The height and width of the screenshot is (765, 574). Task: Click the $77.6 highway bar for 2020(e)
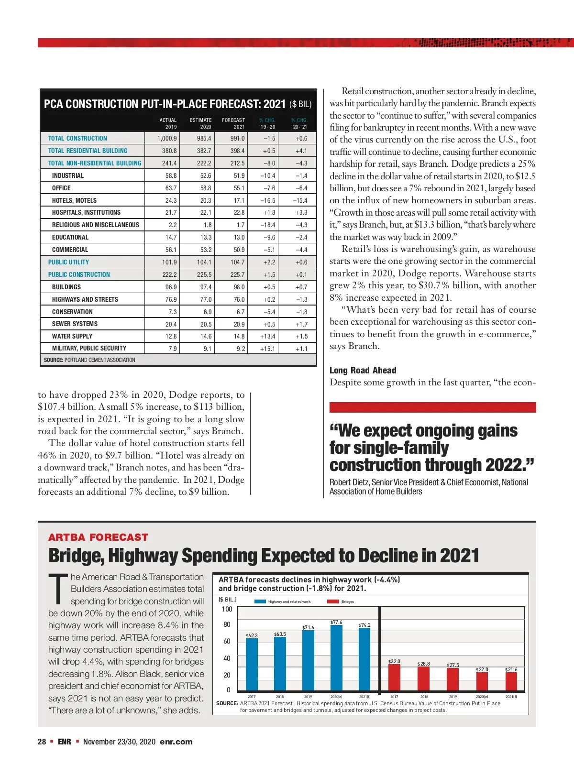point(336,658)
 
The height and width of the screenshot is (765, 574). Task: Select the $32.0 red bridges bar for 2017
point(394,678)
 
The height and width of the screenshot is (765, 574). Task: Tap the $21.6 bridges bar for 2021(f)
point(511,681)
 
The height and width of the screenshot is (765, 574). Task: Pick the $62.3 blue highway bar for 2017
point(252,665)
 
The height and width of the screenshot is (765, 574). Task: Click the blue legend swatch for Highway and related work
point(260,601)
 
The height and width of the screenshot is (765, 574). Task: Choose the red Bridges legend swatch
point(333,601)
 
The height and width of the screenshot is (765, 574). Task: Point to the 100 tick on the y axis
point(227,609)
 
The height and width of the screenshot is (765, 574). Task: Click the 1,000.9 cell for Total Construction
point(167,138)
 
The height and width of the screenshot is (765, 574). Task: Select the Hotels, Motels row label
point(74,200)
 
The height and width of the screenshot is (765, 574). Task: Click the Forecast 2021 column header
point(233,123)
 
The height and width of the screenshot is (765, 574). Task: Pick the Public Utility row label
point(68,262)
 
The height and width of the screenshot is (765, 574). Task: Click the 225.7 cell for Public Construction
point(237,274)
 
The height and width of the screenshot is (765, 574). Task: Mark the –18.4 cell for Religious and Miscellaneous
point(267,225)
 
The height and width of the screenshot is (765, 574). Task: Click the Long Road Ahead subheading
point(363,370)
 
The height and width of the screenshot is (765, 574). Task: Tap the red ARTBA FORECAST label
point(98,537)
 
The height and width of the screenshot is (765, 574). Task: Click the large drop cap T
point(58,589)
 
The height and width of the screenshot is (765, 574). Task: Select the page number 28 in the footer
point(42,742)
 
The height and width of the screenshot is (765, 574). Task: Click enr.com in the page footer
point(176,742)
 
